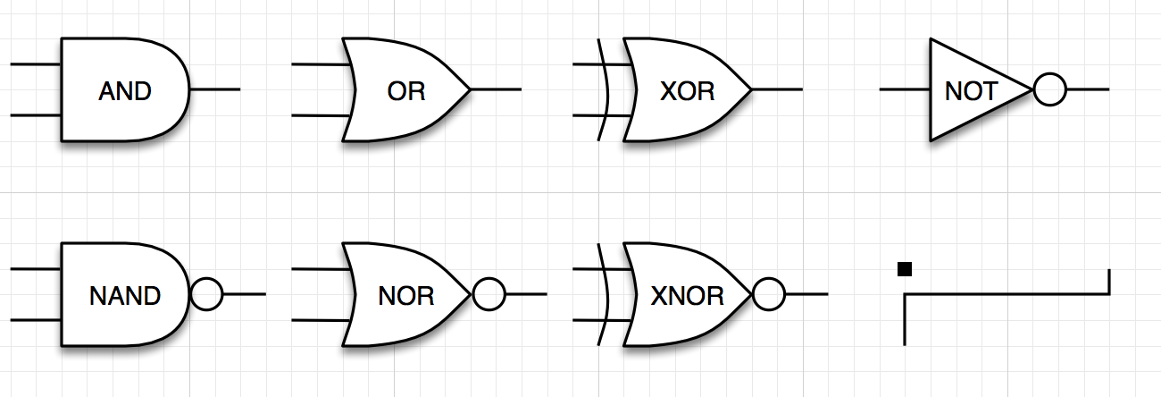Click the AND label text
point(125,90)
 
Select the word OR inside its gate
point(406,90)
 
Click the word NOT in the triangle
point(970,90)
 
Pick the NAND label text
point(125,295)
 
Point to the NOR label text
point(406,295)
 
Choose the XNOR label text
point(688,295)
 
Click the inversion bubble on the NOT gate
point(1049,90)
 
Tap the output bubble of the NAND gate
point(206,294)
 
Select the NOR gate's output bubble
point(489,294)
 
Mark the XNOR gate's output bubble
point(769,294)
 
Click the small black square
point(905,269)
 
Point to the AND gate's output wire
point(215,90)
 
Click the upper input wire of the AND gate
point(36,64)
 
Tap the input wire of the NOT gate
point(905,90)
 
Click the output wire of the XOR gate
point(777,90)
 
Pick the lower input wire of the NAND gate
point(36,320)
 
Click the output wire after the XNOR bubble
point(807,294)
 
